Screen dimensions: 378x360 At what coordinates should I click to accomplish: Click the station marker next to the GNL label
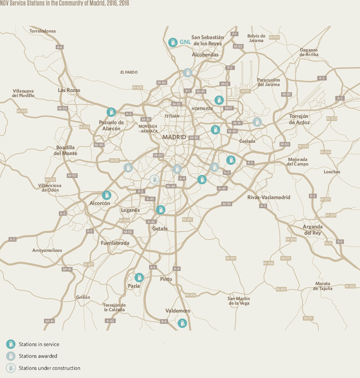click(x=173, y=42)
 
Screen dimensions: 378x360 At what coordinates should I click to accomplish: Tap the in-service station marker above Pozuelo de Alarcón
click(x=111, y=112)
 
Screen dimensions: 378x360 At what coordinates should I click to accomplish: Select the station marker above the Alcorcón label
click(x=106, y=195)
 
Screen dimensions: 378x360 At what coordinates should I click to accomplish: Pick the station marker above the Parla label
click(x=139, y=277)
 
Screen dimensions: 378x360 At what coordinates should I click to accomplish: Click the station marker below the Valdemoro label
click(x=182, y=323)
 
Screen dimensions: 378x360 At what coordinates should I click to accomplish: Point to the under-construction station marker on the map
click(x=154, y=179)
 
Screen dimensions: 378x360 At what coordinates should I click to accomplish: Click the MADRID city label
click(x=174, y=137)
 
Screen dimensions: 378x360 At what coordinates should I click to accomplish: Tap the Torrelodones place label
click(x=43, y=31)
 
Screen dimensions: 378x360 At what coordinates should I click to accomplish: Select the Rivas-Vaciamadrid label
click(x=269, y=197)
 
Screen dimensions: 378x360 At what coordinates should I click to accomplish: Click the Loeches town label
click(x=332, y=172)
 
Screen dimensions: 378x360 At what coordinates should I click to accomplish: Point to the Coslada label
click(x=247, y=141)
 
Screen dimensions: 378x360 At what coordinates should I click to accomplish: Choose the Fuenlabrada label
click(x=115, y=243)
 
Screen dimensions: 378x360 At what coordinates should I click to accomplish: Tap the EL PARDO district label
click(x=129, y=72)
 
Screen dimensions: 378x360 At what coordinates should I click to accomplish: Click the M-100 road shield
click(x=274, y=37)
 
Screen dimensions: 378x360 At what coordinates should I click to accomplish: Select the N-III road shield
click(x=328, y=243)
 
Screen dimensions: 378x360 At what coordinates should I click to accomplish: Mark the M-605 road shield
click(x=137, y=88)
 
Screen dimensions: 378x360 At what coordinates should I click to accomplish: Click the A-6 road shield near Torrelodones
click(x=59, y=47)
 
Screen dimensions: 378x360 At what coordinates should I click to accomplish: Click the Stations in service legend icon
click(x=11, y=344)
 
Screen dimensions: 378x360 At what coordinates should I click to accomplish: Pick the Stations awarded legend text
click(x=38, y=356)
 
